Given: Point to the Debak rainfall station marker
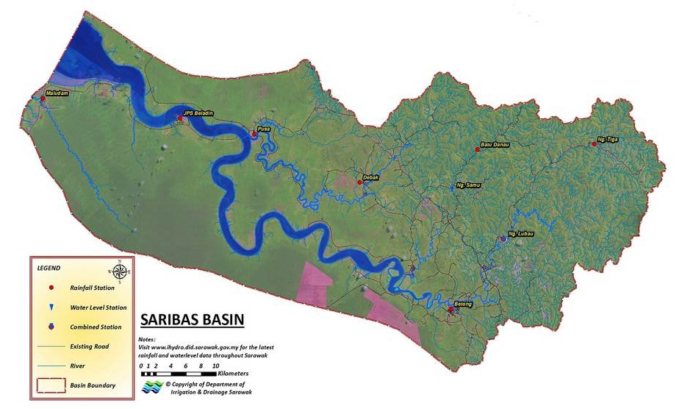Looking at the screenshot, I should coord(360,182).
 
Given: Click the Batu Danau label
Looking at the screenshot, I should coord(495,144).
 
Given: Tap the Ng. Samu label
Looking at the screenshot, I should coord(468,185).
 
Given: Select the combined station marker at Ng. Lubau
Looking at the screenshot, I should coord(503,238).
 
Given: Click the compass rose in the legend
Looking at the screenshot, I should coord(121,268).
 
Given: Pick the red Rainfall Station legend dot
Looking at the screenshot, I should coord(51,288).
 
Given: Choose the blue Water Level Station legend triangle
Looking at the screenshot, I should coord(51,307).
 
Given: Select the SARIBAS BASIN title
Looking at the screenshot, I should coord(192,321).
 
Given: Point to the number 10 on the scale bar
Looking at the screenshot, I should coord(215,365).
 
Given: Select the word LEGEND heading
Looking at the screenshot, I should coord(49,268).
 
